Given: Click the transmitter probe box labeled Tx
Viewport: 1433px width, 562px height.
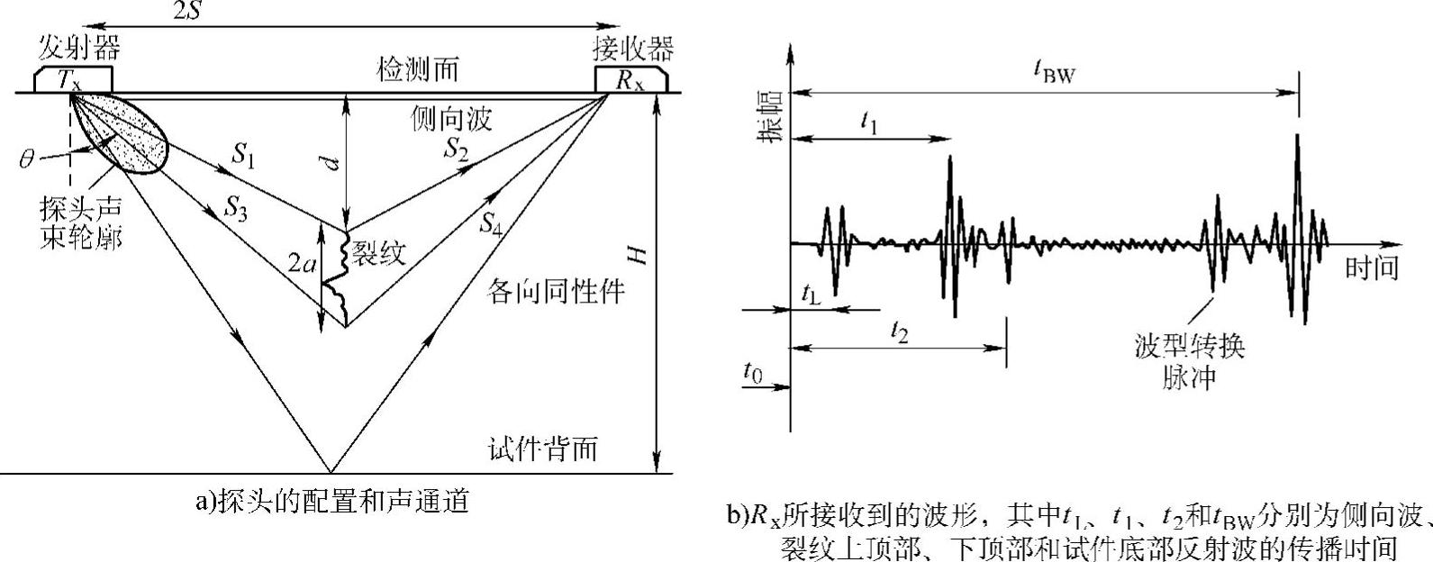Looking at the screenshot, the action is tap(72, 79).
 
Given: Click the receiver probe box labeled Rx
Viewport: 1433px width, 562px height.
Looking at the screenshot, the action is tap(630, 79).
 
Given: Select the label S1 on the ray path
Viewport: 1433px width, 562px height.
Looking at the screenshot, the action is tap(243, 156).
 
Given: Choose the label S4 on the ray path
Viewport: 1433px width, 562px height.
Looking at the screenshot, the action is tap(490, 224).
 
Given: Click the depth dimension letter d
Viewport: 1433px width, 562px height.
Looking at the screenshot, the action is tap(331, 163).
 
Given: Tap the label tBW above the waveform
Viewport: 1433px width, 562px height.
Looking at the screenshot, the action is tap(1057, 74).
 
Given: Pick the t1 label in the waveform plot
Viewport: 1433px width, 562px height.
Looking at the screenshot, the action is tap(868, 123).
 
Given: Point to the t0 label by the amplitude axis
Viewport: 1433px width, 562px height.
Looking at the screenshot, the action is tap(753, 370).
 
